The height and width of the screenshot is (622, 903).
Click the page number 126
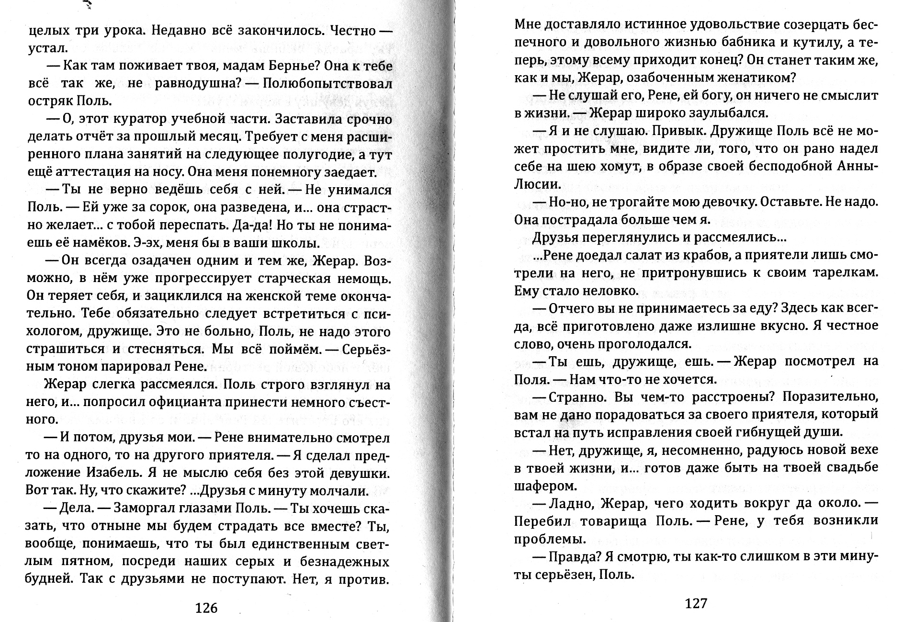click(206, 608)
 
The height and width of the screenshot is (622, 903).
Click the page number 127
click(696, 603)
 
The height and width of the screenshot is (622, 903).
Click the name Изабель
click(115, 473)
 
